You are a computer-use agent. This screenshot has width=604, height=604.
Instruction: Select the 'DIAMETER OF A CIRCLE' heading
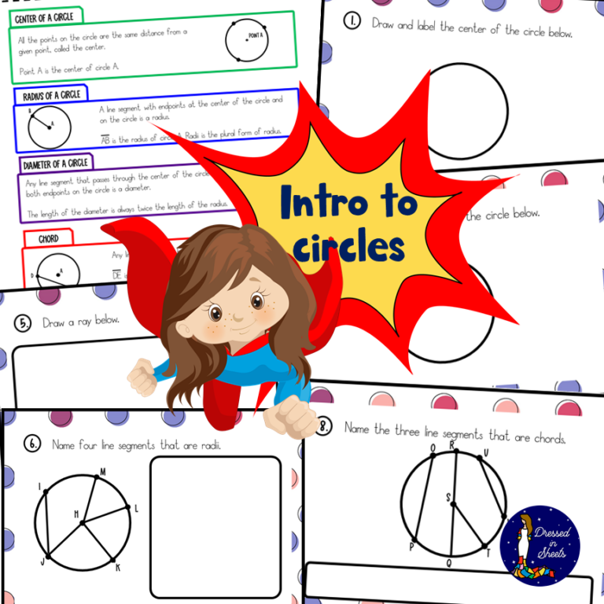click(55, 164)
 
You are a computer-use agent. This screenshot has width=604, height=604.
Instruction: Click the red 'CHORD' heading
click(49, 238)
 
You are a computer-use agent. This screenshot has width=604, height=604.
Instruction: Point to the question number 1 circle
click(352, 21)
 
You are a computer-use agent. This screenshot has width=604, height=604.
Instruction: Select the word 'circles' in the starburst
click(348, 245)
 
